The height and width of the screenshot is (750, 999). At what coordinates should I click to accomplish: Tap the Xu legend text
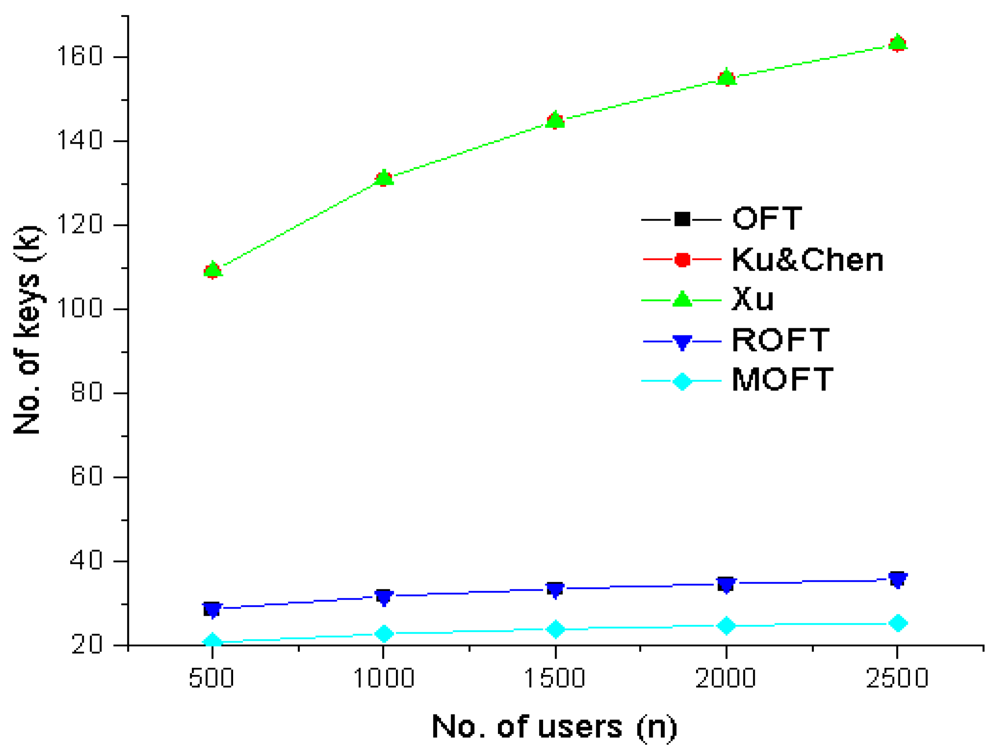point(752,299)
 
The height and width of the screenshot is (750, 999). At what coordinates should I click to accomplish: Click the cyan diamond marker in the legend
point(682,381)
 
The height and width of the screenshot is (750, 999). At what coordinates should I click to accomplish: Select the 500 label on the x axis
point(211,678)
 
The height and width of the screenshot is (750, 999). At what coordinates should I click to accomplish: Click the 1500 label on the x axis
point(554,678)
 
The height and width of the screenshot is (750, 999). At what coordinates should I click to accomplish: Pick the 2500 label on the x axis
point(897,678)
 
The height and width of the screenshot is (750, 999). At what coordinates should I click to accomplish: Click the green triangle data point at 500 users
point(212,270)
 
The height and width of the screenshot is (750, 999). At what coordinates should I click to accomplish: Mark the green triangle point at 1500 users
point(555,120)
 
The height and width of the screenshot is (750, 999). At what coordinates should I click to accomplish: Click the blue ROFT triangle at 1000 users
point(384,598)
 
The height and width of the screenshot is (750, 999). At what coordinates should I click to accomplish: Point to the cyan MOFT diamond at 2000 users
point(726,626)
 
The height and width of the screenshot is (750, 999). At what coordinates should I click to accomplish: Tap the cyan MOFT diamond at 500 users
point(212,641)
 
